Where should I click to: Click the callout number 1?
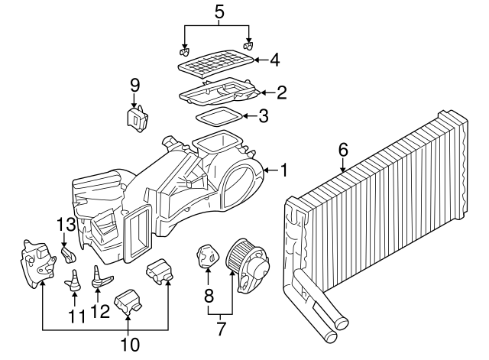click(x=283, y=170)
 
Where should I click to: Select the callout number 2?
click(x=281, y=93)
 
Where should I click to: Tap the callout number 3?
click(x=263, y=116)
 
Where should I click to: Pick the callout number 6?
click(x=343, y=151)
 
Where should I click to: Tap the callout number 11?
click(x=74, y=316)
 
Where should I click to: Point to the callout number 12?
click(x=97, y=312)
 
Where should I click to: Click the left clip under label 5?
click(x=183, y=53)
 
